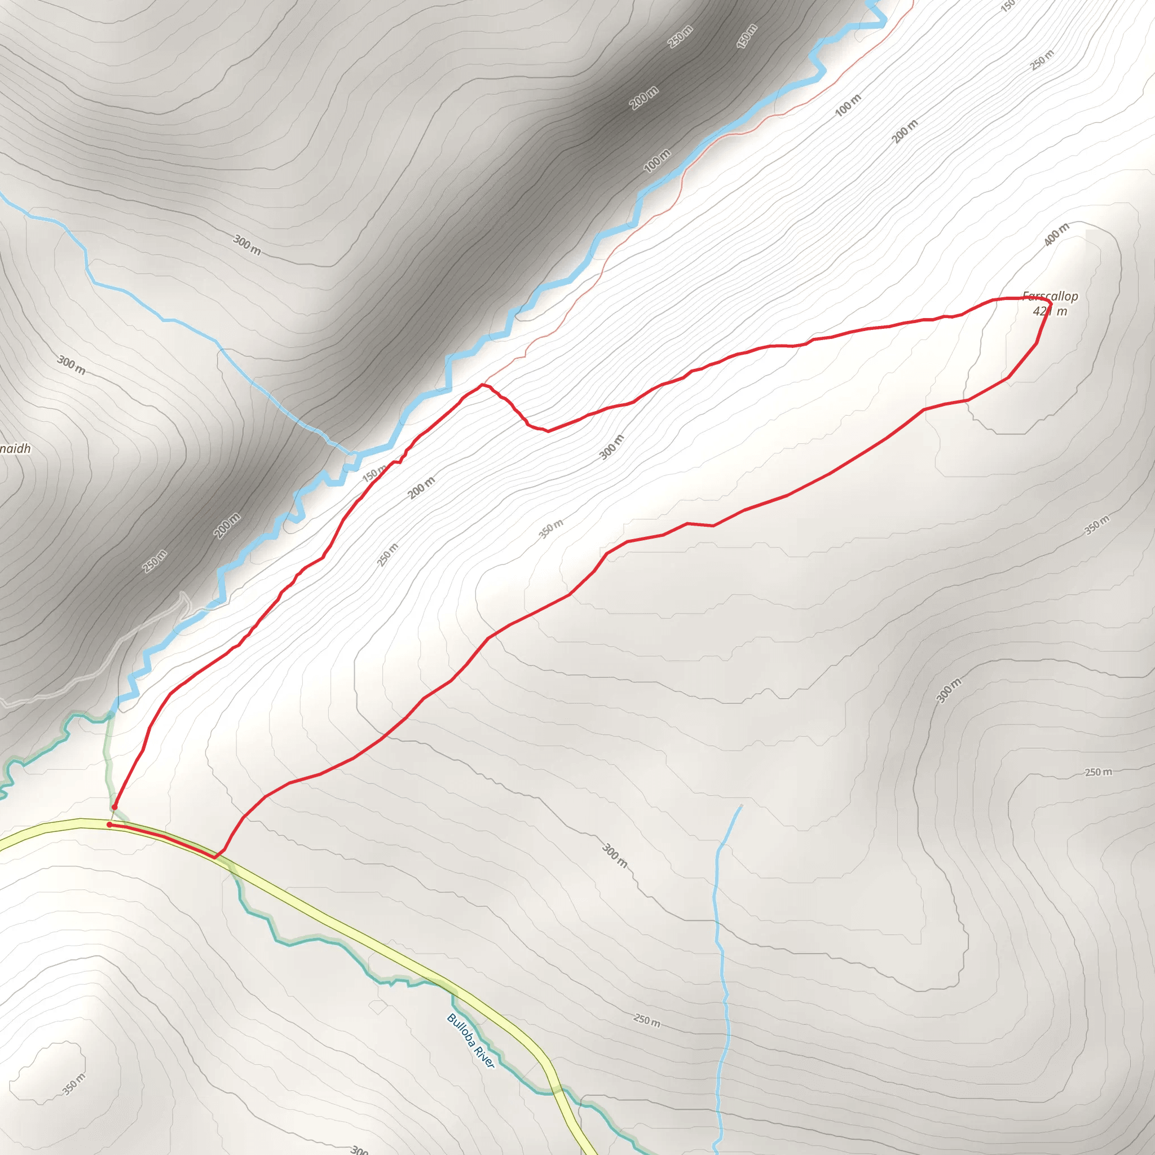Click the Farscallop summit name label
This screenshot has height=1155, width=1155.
[1050, 296]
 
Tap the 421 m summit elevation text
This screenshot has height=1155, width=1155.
[1050, 311]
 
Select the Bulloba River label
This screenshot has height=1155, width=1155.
[470, 1041]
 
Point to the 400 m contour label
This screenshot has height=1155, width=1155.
[1056, 235]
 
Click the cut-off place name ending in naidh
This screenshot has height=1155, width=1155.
[16, 448]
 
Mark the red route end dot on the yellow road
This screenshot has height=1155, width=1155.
[109, 825]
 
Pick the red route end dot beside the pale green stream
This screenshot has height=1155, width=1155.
[114, 807]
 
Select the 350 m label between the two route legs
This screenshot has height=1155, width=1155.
[550, 528]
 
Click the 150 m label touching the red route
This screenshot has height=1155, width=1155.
[375, 474]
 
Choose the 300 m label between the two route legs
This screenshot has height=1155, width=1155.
[611, 447]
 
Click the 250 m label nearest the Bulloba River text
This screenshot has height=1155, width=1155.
[647, 1020]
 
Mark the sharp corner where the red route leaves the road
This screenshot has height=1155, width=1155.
[215, 857]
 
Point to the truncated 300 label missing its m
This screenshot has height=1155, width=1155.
[359, 1149]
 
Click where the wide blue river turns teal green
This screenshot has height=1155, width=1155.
[111, 714]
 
